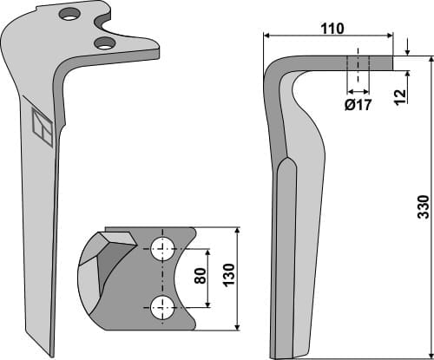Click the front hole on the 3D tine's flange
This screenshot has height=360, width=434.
pyautogui.click(x=105, y=43)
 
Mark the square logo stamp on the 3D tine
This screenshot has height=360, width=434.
pyautogui.click(x=42, y=130)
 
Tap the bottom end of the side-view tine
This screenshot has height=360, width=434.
pyautogui.click(x=295, y=356)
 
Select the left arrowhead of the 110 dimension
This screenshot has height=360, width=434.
pyautogui.click(x=266, y=36)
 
